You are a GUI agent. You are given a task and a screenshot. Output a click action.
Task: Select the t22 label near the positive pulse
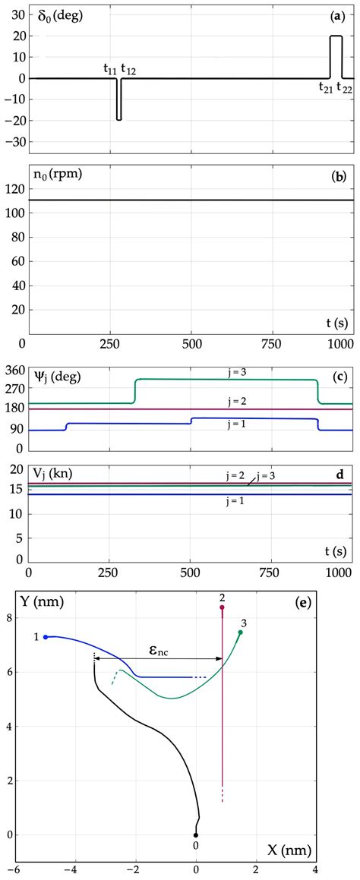344,87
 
